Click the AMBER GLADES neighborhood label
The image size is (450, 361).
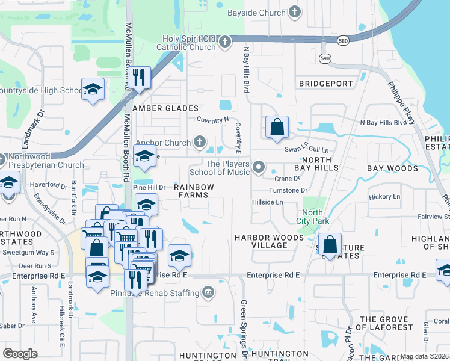tap(165, 108)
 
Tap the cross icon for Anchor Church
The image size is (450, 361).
tap(199, 143)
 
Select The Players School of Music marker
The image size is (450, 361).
tap(259, 167)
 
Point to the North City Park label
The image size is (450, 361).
tap(313, 217)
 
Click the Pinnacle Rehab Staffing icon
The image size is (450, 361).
tap(208, 293)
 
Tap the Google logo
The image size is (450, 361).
tap(20, 353)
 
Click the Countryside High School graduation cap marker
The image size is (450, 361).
tap(93, 89)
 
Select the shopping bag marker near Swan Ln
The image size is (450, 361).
tap(277, 127)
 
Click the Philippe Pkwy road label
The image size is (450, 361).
tap(401, 102)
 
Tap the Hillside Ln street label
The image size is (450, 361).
tap(267, 203)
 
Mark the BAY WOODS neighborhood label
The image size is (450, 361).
tap(389, 168)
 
